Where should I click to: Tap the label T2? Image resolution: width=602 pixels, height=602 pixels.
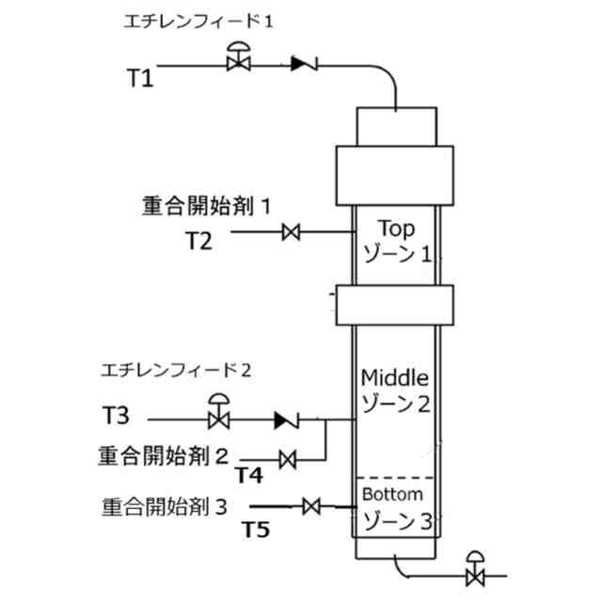(x=198, y=241)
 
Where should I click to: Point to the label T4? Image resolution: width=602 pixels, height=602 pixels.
(x=248, y=474)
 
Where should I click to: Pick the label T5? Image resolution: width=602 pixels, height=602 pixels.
(x=256, y=530)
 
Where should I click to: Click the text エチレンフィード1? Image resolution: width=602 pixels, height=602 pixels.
(x=198, y=22)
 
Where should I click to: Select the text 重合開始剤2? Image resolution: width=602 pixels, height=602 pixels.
(x=163, y=456)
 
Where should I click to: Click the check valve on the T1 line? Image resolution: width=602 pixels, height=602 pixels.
(x=303, y=64)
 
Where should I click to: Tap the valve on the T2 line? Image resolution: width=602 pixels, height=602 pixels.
(x=292, y=231)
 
